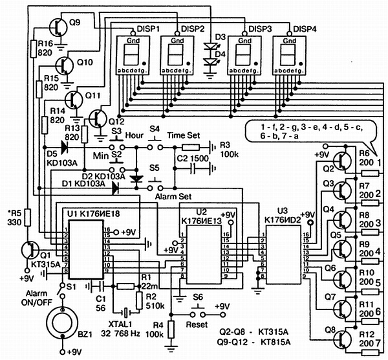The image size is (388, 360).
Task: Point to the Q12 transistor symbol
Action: (x=98, y=118)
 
